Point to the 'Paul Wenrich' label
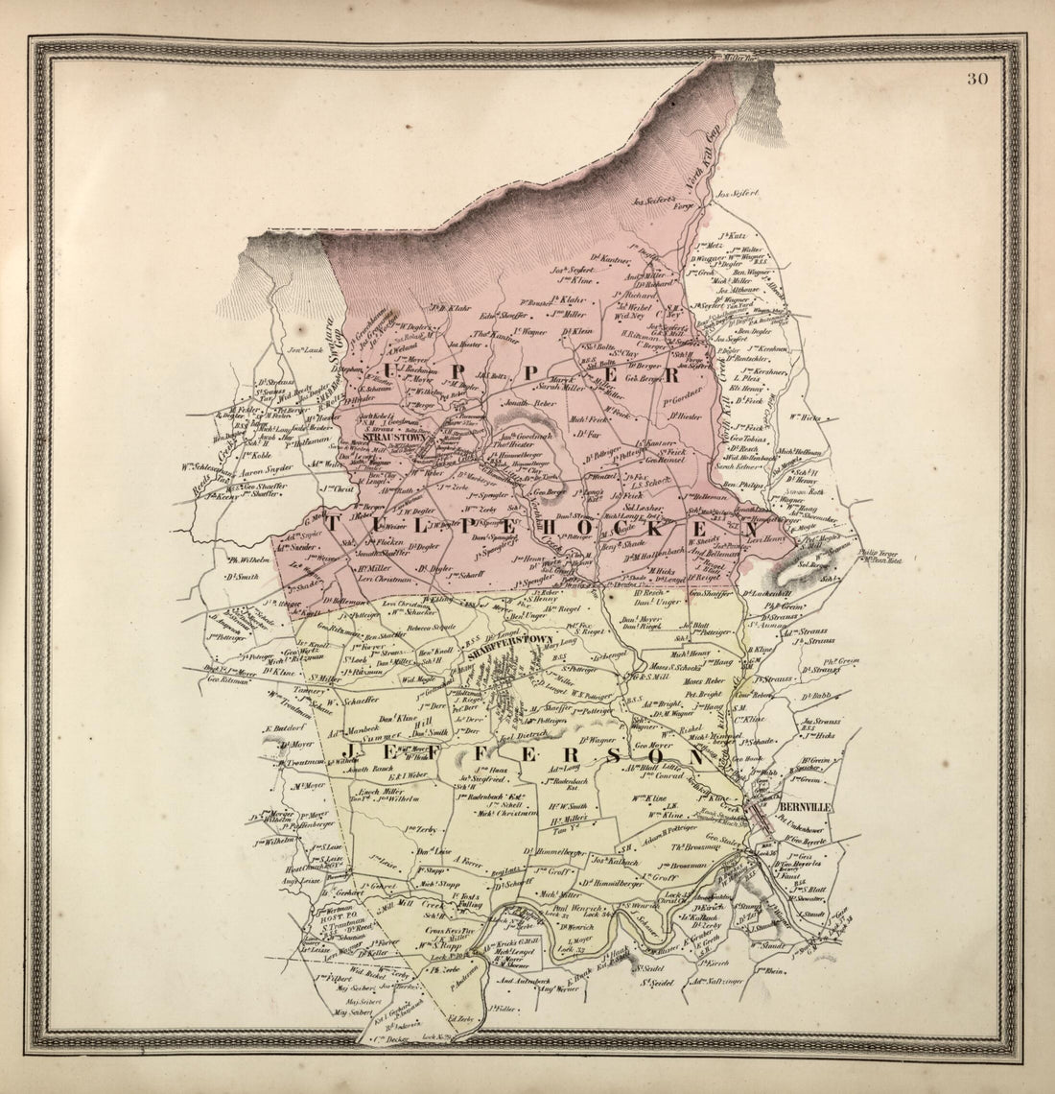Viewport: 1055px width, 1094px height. coord(578,906)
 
